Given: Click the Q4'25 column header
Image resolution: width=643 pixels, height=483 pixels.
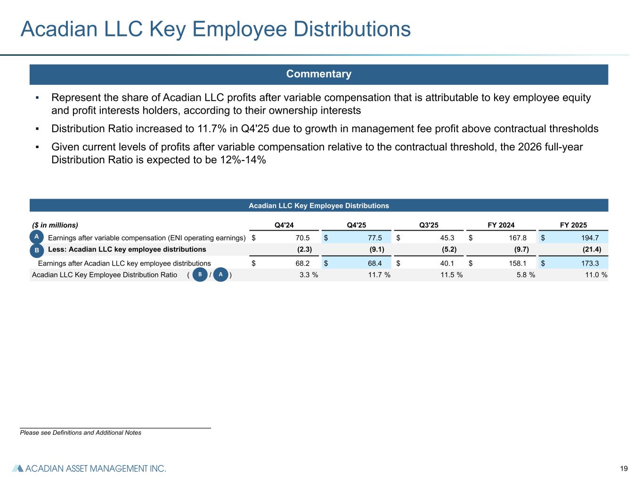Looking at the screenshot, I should [356, 225].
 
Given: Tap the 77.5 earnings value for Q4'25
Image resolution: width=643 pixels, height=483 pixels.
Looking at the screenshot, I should [374, 238].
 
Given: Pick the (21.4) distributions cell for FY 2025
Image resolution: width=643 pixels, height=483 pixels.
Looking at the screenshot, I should [592, 250].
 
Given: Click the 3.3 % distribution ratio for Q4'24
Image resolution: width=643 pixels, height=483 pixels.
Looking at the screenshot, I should [309, 275].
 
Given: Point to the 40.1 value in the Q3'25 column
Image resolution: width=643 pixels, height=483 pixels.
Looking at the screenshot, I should [447, 264].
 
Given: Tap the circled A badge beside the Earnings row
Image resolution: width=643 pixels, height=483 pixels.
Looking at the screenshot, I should [37, 236].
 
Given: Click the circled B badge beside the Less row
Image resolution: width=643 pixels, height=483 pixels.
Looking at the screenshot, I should [37, 250].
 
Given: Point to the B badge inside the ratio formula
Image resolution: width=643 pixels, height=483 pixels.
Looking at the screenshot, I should [200, 275].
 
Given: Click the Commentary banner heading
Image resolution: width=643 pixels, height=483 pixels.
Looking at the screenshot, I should [319, 75].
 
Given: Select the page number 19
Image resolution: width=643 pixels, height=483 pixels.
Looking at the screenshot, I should [624, 469].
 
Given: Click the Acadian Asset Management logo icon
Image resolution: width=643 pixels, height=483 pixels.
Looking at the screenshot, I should [17, 469].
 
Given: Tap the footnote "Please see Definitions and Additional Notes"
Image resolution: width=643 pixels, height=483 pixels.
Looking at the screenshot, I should [81, 433].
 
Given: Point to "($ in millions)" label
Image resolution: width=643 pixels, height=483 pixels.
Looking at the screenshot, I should [55, 225].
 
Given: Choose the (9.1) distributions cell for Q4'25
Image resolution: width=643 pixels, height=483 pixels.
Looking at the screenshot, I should [377, 250].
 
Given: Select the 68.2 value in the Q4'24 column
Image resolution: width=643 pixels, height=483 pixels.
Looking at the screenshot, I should [302, 264].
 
